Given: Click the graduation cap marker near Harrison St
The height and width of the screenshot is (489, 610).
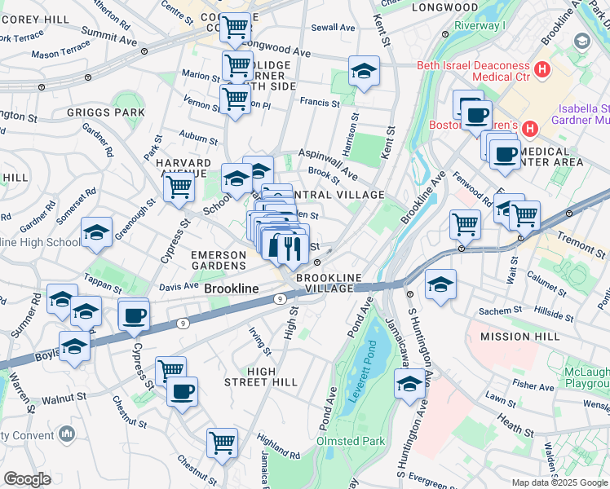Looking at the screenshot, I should tap(364, 72).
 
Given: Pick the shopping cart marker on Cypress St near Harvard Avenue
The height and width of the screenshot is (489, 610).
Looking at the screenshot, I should tap(179, 187).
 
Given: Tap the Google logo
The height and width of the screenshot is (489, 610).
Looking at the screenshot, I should tap(26, 479).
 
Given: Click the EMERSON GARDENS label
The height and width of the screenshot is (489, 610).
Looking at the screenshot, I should tap(219, 261).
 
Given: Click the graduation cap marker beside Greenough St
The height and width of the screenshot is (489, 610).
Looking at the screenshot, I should tap(96, 233).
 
